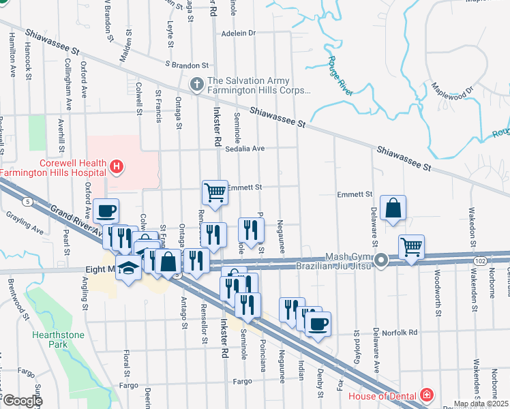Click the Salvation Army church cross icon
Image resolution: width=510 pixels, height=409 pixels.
pos(196,84)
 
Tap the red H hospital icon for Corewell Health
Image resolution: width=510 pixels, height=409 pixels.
pos(117,166)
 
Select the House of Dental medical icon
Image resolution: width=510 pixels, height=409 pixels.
pos(426,395)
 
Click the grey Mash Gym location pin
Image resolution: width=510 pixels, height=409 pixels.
pos(382,260)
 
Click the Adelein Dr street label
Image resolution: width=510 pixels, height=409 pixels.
pos(238,32)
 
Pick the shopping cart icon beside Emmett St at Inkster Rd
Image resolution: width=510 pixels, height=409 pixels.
pos(215,192)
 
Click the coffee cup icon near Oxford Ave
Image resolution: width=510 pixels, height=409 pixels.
pos(106,211)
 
